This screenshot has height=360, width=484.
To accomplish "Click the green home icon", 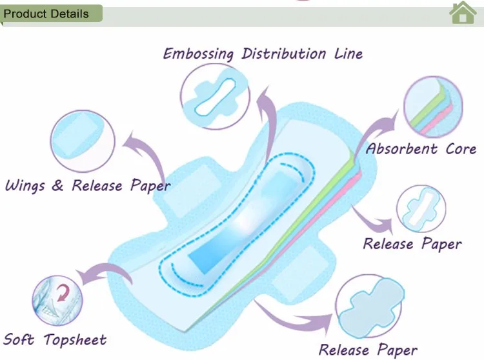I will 463,12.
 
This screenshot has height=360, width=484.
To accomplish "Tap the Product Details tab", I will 47,14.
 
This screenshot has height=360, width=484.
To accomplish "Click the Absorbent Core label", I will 421,149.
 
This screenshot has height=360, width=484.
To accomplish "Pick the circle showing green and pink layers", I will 434,106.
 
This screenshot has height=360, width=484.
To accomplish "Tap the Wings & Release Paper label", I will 88,186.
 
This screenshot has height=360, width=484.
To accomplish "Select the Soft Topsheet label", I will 55,339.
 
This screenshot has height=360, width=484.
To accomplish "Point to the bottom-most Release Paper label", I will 368,350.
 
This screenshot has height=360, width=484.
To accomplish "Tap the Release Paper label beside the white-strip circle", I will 412,244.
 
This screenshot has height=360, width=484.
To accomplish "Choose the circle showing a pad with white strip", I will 421,210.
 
